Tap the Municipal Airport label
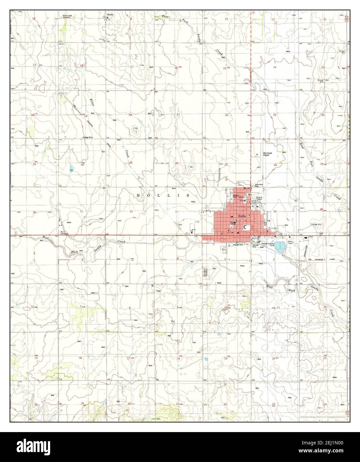268,154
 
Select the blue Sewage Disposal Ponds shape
280,246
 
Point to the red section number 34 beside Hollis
225,210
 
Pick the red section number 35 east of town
275,211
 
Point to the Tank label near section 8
150,314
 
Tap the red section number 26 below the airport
275,165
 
